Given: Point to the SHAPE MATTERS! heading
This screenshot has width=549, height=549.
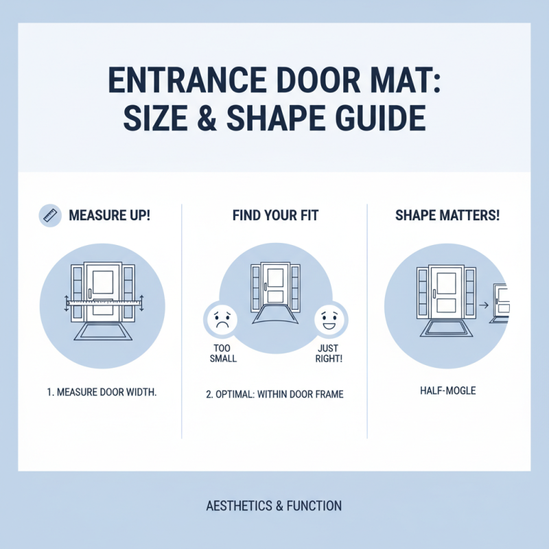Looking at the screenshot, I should point(447,215).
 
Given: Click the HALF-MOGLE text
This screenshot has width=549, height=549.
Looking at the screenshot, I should point(447,390).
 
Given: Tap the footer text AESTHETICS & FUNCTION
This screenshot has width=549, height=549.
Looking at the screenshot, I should point(274,506).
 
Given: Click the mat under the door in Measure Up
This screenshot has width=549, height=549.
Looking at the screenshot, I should point(103,332).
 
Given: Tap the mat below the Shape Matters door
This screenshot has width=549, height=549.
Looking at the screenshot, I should point(447,327).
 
